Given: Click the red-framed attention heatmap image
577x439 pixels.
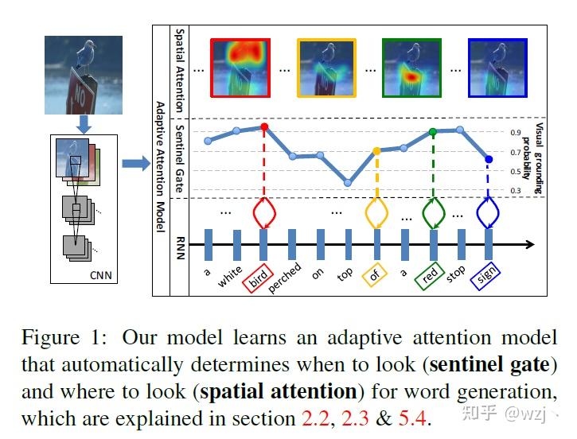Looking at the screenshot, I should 241,68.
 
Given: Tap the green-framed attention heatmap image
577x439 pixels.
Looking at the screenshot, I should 412,68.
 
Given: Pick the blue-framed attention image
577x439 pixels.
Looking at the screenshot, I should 497,68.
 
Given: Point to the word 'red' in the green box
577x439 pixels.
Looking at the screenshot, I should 431,275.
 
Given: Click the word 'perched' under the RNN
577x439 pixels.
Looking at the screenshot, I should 286,278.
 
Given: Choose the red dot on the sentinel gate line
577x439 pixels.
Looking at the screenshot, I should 263,127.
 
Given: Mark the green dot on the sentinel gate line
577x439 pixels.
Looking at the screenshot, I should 432,132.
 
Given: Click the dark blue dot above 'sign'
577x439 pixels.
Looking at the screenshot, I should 489,159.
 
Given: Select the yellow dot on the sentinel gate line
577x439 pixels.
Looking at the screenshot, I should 376,150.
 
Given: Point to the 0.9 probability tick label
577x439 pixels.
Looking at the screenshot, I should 516,133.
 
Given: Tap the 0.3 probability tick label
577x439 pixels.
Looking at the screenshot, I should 516,191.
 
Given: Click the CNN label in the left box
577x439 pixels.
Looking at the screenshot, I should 102,276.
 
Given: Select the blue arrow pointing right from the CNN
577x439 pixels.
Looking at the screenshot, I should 136,165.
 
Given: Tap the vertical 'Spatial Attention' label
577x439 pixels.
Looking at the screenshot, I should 179,69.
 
